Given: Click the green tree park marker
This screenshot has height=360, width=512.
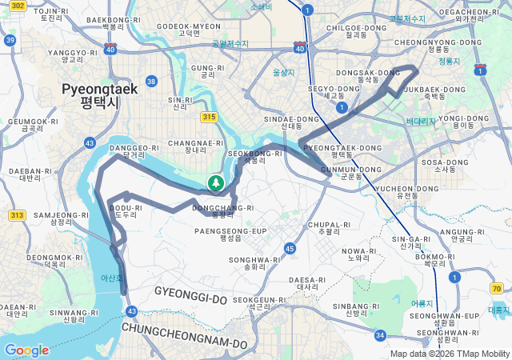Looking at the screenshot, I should pyautogui.click(x=215, y=184).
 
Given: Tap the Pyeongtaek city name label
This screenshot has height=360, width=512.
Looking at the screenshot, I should pyautogui.click(x=100, y=95).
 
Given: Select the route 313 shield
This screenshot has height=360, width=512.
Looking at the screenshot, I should pyautogui.click(x=17, y=215).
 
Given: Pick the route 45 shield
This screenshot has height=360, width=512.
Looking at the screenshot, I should pyautogui.click(x=290, y=250).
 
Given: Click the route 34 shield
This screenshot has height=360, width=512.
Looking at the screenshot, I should pyautogui.click(x=380, y=335).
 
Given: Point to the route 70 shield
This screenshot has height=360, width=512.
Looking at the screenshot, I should pyautogui.click(x=497, y=288).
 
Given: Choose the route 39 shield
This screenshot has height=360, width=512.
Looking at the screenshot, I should pyautogui.click(x=10, y=40).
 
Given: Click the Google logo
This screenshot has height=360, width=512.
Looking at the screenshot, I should pyautogui.click(x=26, y=350).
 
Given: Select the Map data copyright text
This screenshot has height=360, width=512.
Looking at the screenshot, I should pyautogui.click(x=450, y=354).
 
